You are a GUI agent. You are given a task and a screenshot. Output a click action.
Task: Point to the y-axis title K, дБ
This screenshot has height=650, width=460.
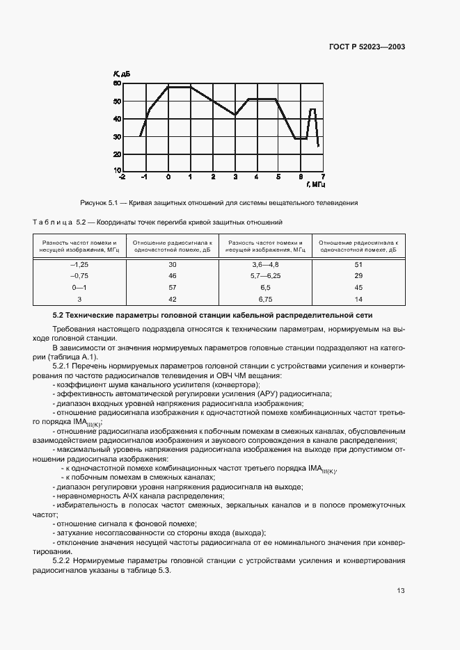(x=122, y=74)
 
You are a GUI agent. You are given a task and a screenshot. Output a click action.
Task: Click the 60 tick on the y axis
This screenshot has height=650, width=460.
(x=117, y=83)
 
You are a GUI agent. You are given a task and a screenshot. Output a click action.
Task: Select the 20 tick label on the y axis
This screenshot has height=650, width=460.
(x=117, y=154)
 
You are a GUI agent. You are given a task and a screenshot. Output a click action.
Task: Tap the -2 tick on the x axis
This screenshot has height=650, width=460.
(x=122, y=177)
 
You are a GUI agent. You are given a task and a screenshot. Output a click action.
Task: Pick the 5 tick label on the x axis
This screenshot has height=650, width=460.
(x=278, y=177)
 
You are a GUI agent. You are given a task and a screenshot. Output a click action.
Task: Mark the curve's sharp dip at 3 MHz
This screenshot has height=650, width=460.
(x=235, y=115)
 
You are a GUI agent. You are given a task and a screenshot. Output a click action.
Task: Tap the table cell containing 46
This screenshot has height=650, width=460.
(x=173, y=276)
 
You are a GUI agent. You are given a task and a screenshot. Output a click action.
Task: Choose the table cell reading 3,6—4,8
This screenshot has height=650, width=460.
(x=265, y=265)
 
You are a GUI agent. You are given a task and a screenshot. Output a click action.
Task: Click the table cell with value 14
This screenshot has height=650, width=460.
(x=358, y=298)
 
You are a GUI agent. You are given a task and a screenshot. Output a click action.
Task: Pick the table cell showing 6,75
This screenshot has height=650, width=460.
(x=265, y=298)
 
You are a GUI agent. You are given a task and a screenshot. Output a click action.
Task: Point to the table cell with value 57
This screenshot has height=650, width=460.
(x=173, y=287)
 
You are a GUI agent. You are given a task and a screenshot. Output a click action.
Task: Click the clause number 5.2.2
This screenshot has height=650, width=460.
(x=64, y=560)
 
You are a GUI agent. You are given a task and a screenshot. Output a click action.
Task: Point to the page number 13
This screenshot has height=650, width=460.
(x=401, y=591)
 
